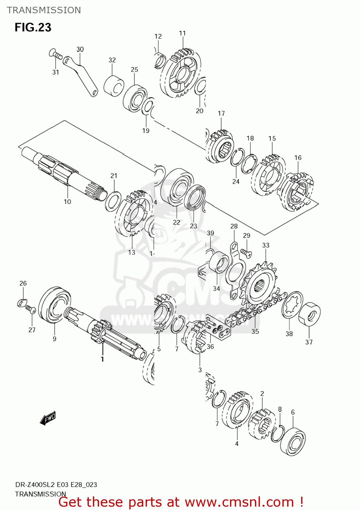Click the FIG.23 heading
pos(33,27)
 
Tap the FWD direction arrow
pos(48,418)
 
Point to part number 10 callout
pos(67,202)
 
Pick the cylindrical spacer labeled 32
pos(113,87)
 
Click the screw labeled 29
pos(246,252)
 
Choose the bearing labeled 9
pos(54,304)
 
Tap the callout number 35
pos(255,331)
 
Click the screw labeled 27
pos(31,310)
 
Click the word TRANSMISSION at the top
pos(44,10)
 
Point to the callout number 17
pos(221,113)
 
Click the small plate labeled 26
pos(22,302)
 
